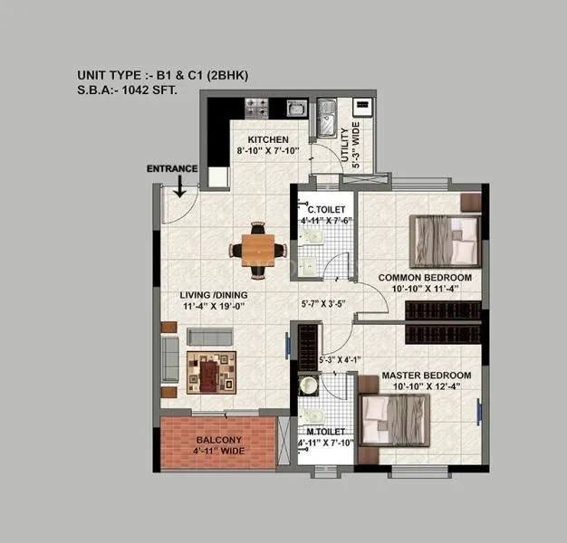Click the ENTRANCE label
[x=172, y=168]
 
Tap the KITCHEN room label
[x=268, y=140]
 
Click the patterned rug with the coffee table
[x=211, y=371]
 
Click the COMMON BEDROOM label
[x=425, y=277]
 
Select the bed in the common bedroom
[x=445, y=239]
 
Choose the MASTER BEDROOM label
[x=426, y=376]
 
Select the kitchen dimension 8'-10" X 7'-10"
[x=268, y=153]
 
